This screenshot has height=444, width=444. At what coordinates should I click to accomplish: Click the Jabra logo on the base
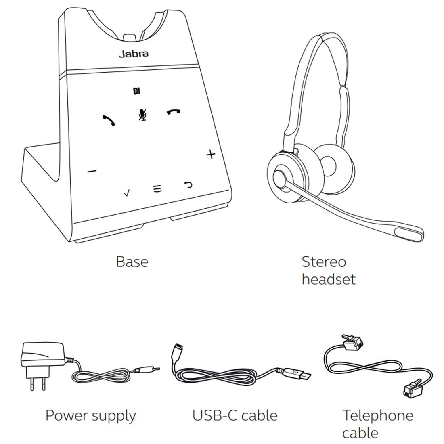[133, 54]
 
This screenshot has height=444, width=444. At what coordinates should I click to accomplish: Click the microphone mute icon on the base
[142, 115]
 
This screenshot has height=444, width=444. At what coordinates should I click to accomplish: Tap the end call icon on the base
[174, 112]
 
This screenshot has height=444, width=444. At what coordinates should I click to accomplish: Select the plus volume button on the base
[211, 155]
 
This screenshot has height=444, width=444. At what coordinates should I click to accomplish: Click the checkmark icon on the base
[127, 193]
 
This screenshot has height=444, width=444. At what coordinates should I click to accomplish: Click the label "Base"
[132, 262]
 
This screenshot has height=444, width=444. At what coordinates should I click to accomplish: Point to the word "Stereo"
[324, 262]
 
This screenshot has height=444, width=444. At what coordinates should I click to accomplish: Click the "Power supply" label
[90, 415]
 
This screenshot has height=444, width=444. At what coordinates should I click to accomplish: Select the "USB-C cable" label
[235, 415]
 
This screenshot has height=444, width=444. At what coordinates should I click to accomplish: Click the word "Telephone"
[378, 415]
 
